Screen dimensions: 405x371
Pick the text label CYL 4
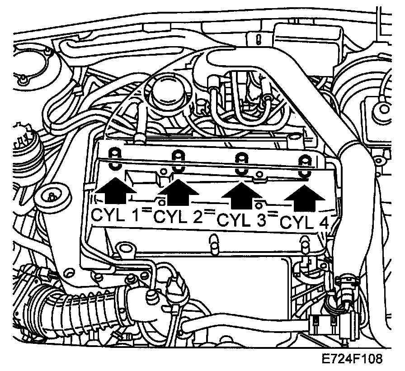coord(305,222)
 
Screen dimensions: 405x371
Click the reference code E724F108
coord(352,359)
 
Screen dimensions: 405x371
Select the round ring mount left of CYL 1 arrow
coord(53,197)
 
